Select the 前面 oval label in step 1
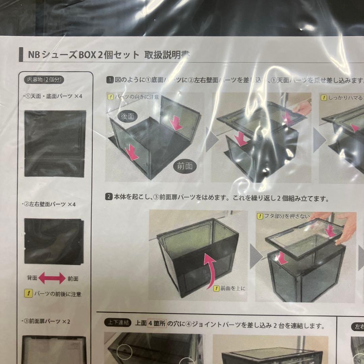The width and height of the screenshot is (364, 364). coord(184,165)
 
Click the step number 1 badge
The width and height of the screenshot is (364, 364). coord(110,80)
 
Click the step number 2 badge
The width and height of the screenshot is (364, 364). coord(109,198)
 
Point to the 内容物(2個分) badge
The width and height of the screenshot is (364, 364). coord(45,80)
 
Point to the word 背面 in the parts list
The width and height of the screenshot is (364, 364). coord(32,279)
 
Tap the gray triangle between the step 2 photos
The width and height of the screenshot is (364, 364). coord(255,256)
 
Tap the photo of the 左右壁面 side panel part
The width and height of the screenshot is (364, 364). coord(54,241)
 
